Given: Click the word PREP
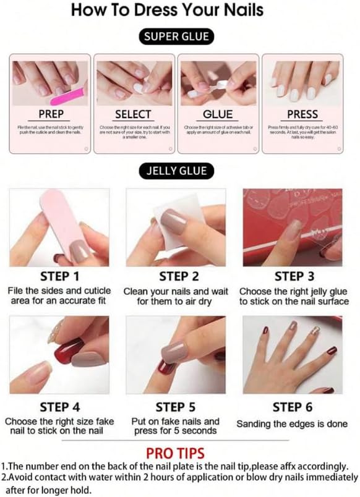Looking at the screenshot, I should click(x=51, y=114).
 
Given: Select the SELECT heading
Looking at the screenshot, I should click(x=133, y=114).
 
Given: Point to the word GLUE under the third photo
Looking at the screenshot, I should click(x=218, y=114).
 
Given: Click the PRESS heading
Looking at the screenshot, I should click(x=302, y=114).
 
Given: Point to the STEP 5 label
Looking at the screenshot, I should click(x=176, y=407).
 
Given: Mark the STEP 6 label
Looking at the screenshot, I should click(x=293, y=407).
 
